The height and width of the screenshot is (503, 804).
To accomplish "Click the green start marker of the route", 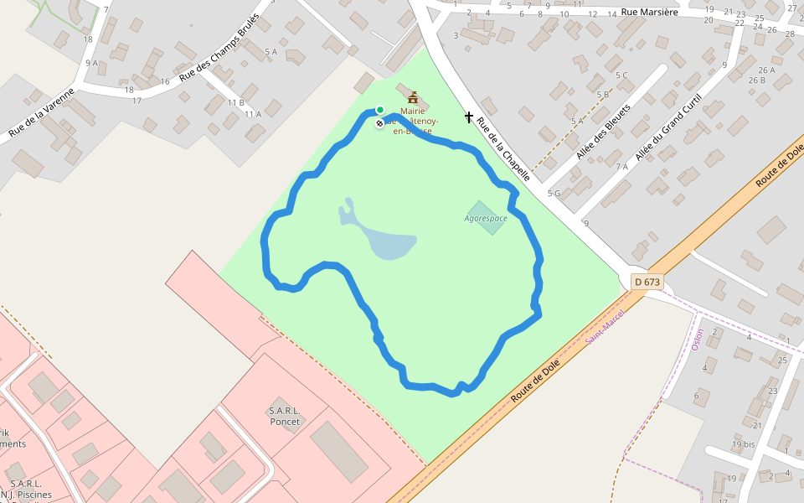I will pyautogui.click(x=379, y=110).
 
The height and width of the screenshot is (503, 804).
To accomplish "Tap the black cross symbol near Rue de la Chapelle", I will pyautogui.click(x=469, y=117).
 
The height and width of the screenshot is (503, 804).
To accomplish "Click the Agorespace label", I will pyautogui.click(x=486, y=218).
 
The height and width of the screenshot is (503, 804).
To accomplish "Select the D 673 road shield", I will pyautogui.click(x=647, y=282).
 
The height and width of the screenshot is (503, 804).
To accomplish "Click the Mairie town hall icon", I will pyautogui.click(x=412, y=97).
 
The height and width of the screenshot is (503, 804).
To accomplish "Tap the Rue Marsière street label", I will pyautogui.click(x=648, y=13).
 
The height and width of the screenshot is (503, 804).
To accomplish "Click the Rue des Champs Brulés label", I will pyautogui.click(x=219, y=49).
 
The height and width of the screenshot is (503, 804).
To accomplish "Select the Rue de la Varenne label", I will pyautogui.click(x=41, y=112).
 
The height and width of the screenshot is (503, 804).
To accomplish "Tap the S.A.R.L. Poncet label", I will pyautogui.click(x=285, y=416).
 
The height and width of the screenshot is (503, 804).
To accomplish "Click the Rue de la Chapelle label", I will pyautogui.click(x=503, y=149).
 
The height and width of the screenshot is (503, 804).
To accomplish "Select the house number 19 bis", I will pyautogui.click(x=744, y=444).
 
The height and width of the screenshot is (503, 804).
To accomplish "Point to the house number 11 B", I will pyautogui.click(x=235, y=102).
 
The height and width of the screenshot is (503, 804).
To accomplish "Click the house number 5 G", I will pyautogui.click(x=554, y=194).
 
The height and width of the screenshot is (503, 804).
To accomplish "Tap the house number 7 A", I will pyautogui.click(x=621, y=166).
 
